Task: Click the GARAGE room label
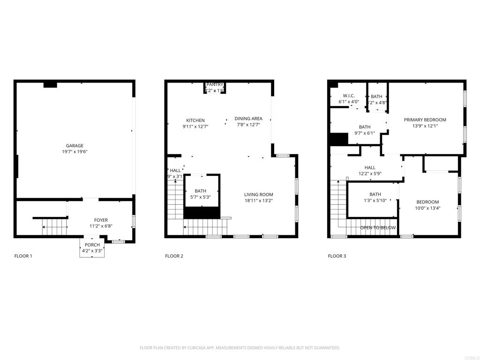(75, 146)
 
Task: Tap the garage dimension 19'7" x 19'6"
(75, 152)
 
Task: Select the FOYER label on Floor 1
(101, 220)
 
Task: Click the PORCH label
(92, 245)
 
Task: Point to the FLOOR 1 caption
(23, 256)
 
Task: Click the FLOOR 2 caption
(174, 256)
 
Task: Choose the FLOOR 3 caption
(337, 256)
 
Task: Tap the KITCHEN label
(195, 120)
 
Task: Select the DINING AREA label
(248, 119)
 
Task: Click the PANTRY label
(215, 84)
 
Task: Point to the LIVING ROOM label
(258, 195)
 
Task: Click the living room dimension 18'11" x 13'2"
(258, 201)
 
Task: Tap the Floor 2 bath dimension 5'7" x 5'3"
(201, 197)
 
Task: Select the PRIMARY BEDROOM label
(425, 120)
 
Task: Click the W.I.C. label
(348, 96)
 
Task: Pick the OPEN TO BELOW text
(378, 228)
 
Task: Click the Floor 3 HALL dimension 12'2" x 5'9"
(370, 173)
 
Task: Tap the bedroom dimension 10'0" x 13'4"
(427, 208)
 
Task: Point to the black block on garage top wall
(50, 85)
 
